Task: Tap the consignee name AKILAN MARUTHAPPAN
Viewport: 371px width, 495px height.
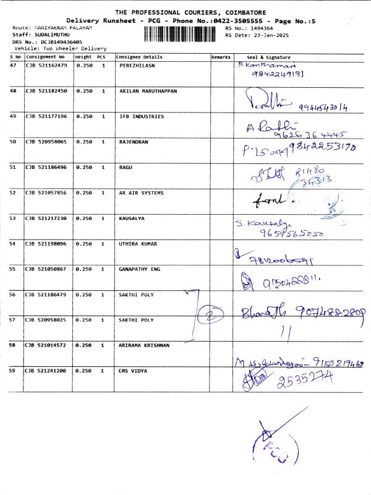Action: (148, 91)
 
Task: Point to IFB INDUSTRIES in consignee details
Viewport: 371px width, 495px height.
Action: (142, 116)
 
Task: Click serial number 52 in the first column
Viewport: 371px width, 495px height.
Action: (13, 193)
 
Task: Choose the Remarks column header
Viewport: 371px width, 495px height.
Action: (221, 56)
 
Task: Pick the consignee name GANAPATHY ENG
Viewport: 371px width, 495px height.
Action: (139, 269)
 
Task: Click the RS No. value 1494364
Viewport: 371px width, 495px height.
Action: (259, 28)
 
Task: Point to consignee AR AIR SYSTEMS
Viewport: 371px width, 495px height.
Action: (141, 193)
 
